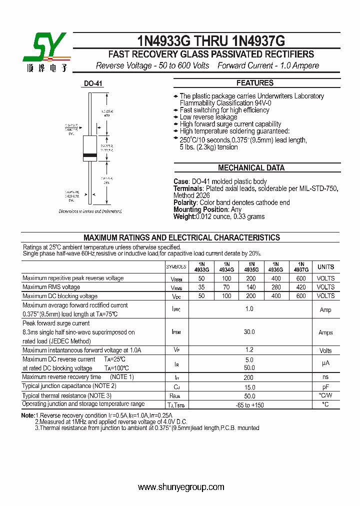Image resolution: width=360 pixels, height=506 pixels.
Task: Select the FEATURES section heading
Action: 254,83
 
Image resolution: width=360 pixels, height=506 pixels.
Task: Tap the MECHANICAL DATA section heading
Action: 251,168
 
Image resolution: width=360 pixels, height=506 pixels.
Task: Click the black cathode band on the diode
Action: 89,156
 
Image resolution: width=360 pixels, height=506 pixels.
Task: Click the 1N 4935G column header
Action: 251,266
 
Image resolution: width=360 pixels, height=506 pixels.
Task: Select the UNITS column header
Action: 325,267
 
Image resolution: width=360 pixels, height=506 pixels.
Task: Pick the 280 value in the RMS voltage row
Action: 275,287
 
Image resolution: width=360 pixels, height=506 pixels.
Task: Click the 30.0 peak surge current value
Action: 249,332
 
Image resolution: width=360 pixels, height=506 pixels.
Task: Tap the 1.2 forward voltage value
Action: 249,350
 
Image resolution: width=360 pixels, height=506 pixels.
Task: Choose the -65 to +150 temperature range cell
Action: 249,404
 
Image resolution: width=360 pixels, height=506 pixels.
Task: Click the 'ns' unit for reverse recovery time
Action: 325,377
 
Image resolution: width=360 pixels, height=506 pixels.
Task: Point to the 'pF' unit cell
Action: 325,386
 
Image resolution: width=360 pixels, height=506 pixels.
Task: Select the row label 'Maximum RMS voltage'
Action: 51,287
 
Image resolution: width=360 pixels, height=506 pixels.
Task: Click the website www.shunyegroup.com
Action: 181,487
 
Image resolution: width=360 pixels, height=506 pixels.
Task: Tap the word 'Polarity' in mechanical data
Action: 185,202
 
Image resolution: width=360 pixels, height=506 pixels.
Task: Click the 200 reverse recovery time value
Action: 249,377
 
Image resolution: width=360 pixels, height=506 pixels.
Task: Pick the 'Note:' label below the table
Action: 28,415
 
